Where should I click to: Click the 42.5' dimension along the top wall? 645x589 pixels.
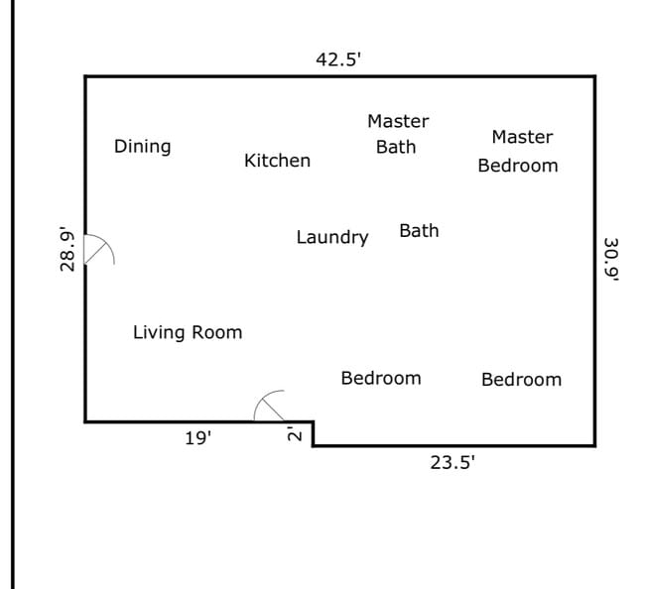[338, 59]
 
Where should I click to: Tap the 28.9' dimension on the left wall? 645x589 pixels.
[67, 250]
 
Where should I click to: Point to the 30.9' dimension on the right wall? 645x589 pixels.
[611, 260]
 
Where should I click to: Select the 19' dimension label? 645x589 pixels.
[198, 438]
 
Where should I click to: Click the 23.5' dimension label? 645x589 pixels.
[452, 463]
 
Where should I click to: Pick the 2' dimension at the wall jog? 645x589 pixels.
[295, 434]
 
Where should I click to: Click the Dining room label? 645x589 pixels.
[142, 147]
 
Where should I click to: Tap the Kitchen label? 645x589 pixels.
[277, 161]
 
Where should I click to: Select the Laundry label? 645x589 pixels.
[332, 238]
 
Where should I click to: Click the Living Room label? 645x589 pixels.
[188, 332]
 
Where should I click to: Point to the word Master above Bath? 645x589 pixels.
[398, 121]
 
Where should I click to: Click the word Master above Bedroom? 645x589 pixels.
[522, 137]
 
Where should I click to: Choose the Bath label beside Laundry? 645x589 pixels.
[419, 231]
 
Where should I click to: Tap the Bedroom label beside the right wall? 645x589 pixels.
[522, 380]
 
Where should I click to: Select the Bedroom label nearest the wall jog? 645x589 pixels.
[381, 378]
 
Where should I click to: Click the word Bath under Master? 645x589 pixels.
[396, 147]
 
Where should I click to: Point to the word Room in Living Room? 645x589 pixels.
[217, 332]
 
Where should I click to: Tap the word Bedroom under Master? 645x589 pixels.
[518, 166]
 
